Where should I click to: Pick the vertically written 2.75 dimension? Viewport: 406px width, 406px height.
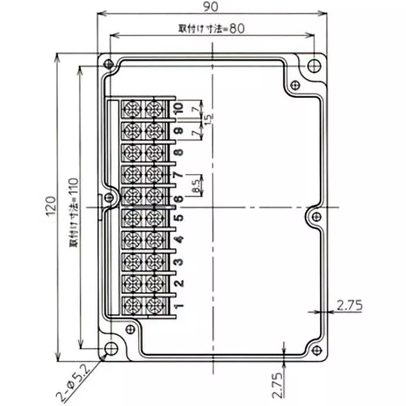click(276, 384)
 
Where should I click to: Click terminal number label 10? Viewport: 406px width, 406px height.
click(178, 108)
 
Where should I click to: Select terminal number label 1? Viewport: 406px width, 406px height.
click(178, 306)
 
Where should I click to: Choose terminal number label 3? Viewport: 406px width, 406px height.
click(178, 262)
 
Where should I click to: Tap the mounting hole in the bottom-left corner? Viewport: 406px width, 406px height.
click(110, 348)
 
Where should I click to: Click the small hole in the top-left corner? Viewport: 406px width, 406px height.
click(108, 64)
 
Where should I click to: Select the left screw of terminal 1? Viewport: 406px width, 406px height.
click(131, 304)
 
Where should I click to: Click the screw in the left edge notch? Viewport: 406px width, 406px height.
click(108, 198)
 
